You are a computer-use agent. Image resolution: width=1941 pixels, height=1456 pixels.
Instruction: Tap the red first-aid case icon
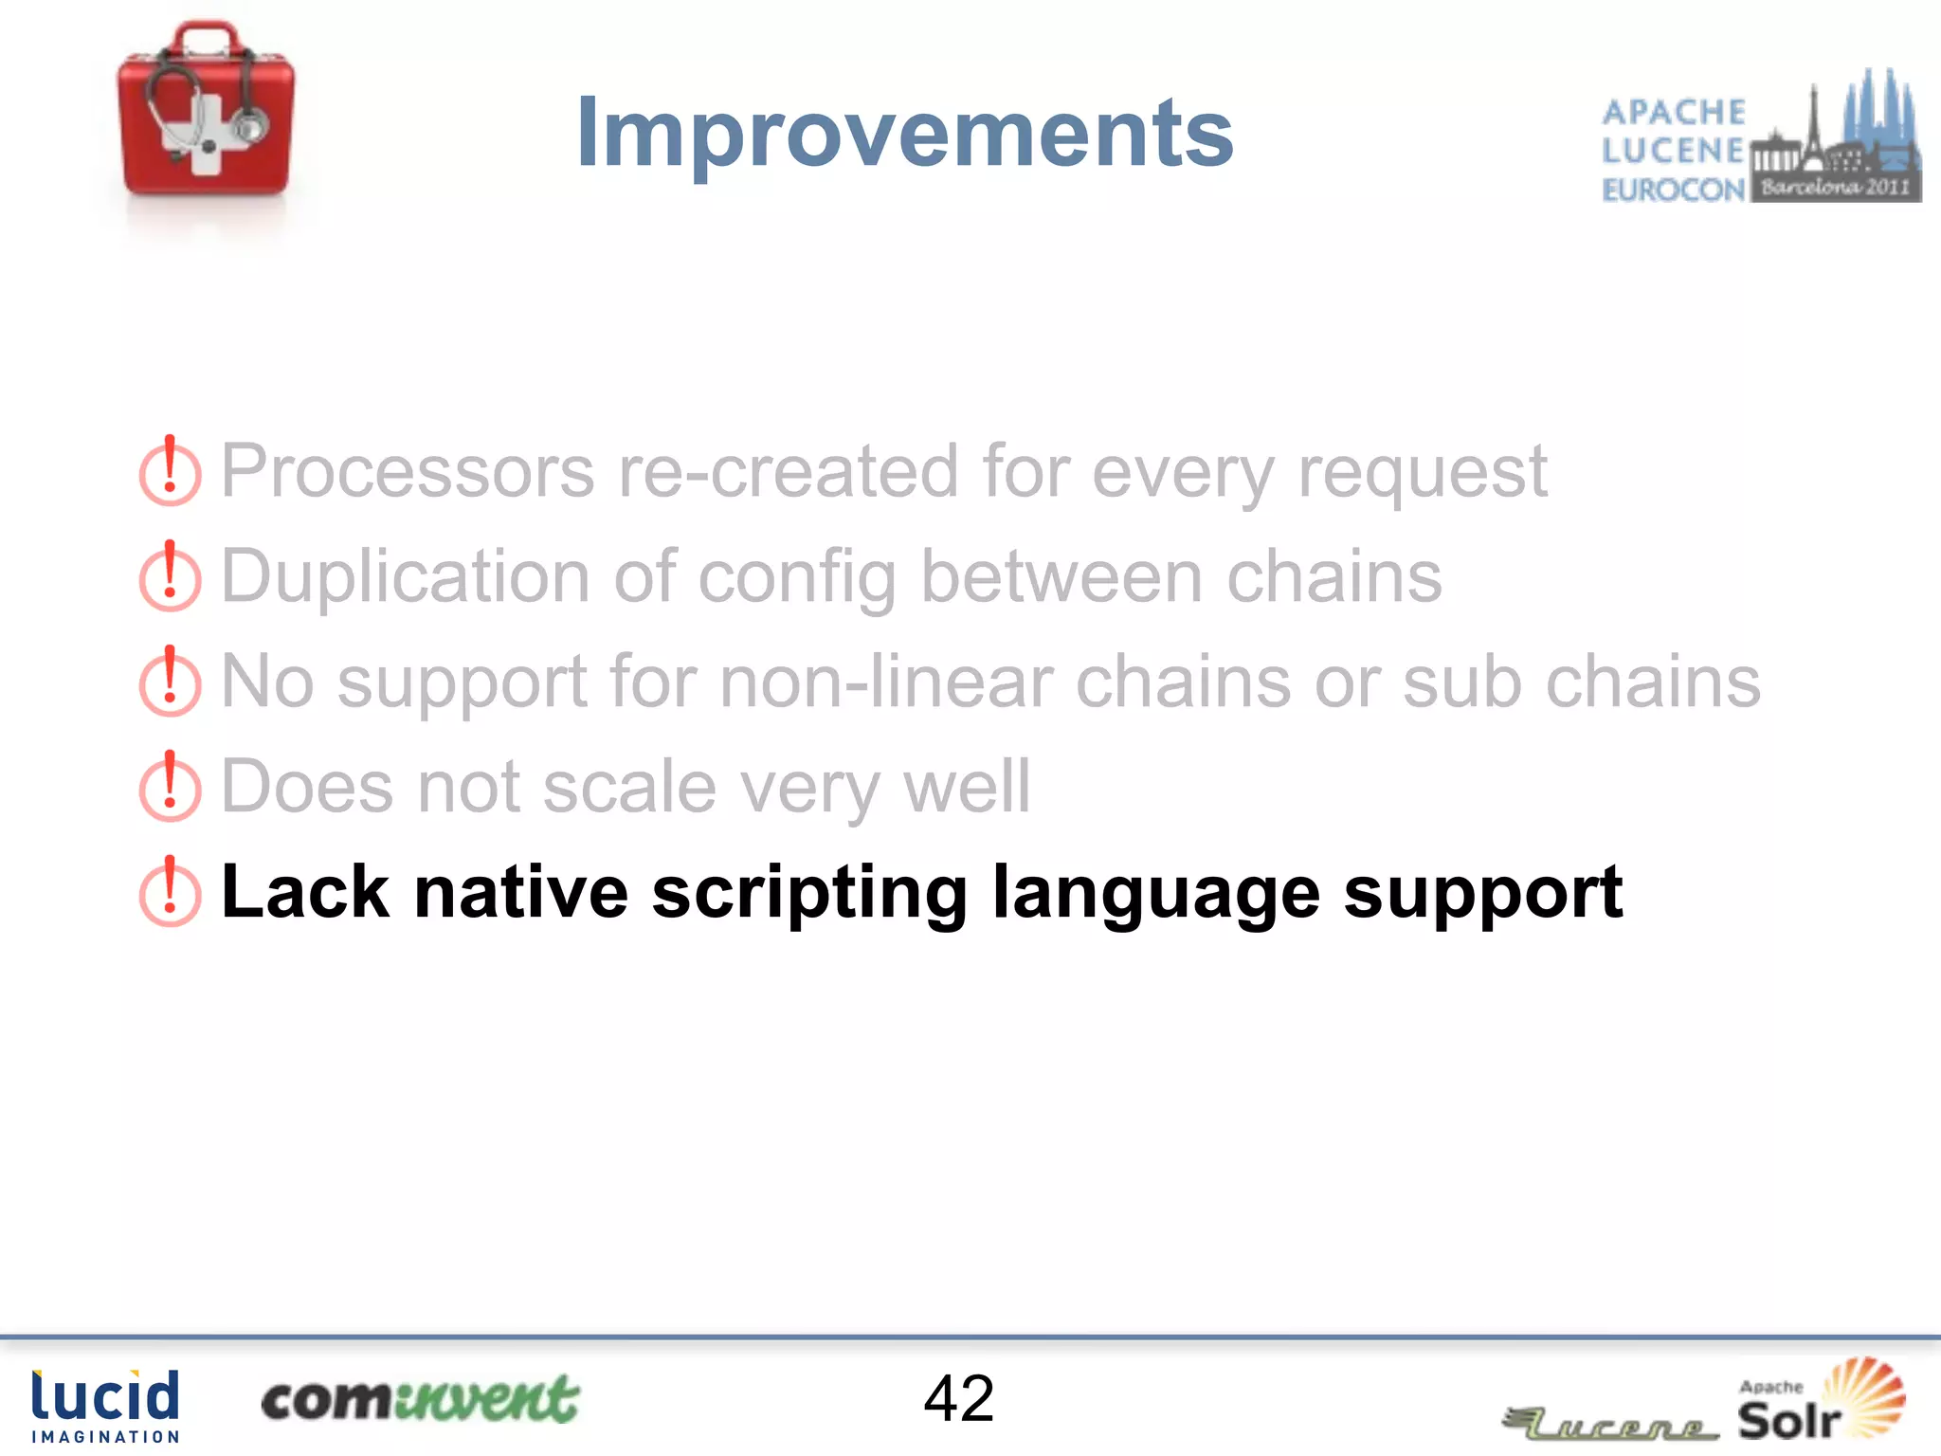[206, 112]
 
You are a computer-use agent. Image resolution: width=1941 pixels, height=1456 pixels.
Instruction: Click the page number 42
[958, 1398]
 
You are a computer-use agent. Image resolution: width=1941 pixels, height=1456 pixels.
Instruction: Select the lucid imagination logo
[104, 1405]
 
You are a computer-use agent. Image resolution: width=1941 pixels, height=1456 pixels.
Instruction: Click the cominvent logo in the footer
[419, 1400]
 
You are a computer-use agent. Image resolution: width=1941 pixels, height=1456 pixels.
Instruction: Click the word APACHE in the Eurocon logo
[1673, 112]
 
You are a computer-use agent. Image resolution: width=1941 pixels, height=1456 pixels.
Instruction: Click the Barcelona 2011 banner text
[1835, 187]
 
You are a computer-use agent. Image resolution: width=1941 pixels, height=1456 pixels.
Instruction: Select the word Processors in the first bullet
[408, 471]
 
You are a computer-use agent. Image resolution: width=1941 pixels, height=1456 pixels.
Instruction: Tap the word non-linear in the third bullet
[886, 682]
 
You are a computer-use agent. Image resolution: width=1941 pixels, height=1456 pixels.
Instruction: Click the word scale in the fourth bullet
[629, 787]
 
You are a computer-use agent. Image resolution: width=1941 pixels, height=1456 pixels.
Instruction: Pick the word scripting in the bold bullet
[809, 893]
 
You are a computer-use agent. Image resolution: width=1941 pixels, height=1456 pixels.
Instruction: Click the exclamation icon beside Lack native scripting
[170, 892]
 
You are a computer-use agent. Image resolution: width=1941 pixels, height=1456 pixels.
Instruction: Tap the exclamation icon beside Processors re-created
[170, 471]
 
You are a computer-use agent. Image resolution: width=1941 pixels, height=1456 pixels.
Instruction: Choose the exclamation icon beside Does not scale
[170, 787]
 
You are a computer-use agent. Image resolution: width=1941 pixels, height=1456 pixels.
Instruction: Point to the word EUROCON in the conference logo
[1673, 190]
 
